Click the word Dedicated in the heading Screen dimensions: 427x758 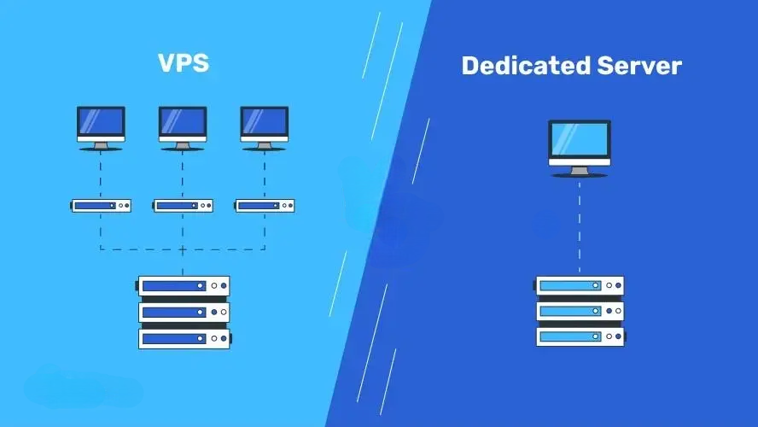pyautogui.click(x=517, y=65)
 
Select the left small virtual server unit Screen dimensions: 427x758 pyautogui.click(x=101, y=205)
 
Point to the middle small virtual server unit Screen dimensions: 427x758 pyautogui.click(x=183, y=205)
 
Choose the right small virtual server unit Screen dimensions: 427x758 pyautogui.click(x=265, y=205)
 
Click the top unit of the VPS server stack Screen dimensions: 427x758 pyautogui.click(x=184, y=286)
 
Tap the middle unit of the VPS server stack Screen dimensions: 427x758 pyautogui.click(x=184, y=313)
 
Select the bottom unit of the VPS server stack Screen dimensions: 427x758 pyautogui.click(x=184, y=338)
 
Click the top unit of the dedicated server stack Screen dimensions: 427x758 pyautogui.click(x=580, y=285)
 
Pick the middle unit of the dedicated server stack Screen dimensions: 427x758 pyautogui.click(x=580, y=311)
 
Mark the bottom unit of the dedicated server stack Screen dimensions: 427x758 pyautogui.click(x=580, y=336)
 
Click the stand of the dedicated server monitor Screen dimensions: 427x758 pyautogui.click(x=580, y=171)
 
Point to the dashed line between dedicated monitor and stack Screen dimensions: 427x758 pyautogui.click(x=580, y=226)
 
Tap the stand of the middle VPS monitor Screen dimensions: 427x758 pyautogui.click(x=182, y=146)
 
